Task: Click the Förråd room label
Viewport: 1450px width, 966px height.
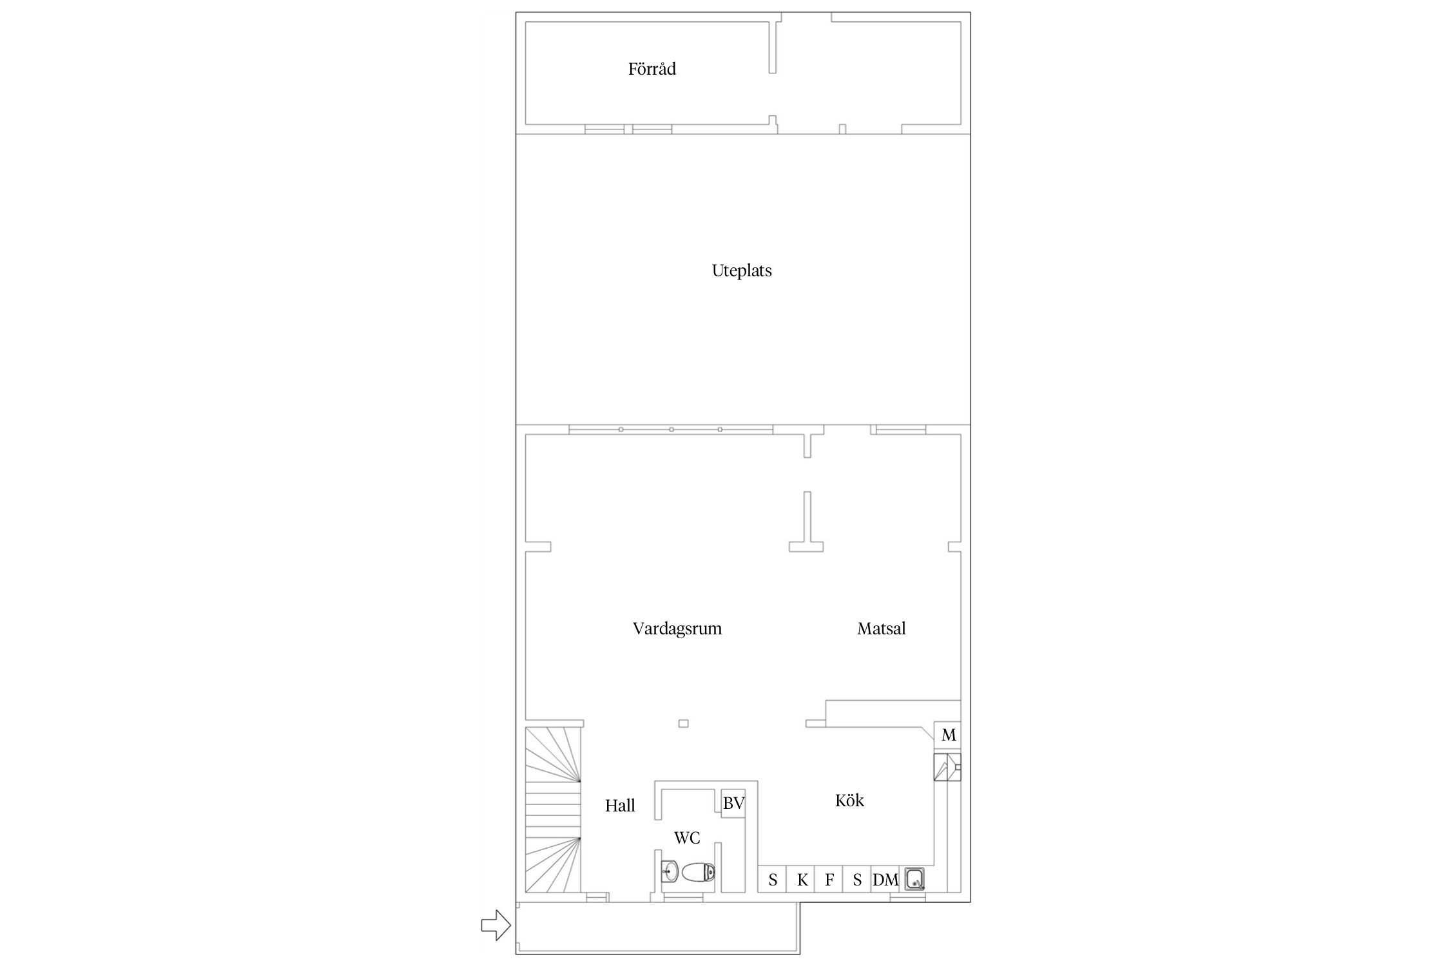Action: click(652, 69)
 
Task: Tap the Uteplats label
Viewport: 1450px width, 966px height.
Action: click(742, 270)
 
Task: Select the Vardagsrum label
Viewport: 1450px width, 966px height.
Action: click(677, 629)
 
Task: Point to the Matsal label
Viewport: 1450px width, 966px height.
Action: click(881, 629)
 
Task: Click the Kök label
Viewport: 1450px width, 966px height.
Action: click(849, 800)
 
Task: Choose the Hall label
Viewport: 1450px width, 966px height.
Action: click(620, 806)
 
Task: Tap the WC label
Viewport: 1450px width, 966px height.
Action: click(687, 838)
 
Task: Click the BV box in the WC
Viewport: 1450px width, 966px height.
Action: click(733, 803)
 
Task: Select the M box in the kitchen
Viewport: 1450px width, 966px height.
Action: click(947, 735)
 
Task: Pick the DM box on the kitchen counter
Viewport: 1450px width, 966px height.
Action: click(885, 880)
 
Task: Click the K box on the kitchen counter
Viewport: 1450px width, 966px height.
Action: click(801, 880)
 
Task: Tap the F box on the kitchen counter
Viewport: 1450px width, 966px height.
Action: click(829, 880)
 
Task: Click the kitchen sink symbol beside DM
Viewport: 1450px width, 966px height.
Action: click(914, 879)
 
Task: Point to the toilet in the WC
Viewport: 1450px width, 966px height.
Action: click(698, 873)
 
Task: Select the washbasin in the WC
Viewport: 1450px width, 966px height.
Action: click(670, 872)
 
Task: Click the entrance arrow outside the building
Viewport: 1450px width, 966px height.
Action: click(496, 925)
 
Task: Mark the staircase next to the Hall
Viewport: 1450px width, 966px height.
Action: click(553, 810)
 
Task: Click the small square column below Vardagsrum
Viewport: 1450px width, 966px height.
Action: click(684, 723)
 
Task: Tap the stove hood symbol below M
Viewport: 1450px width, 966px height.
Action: click(947, 767)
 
